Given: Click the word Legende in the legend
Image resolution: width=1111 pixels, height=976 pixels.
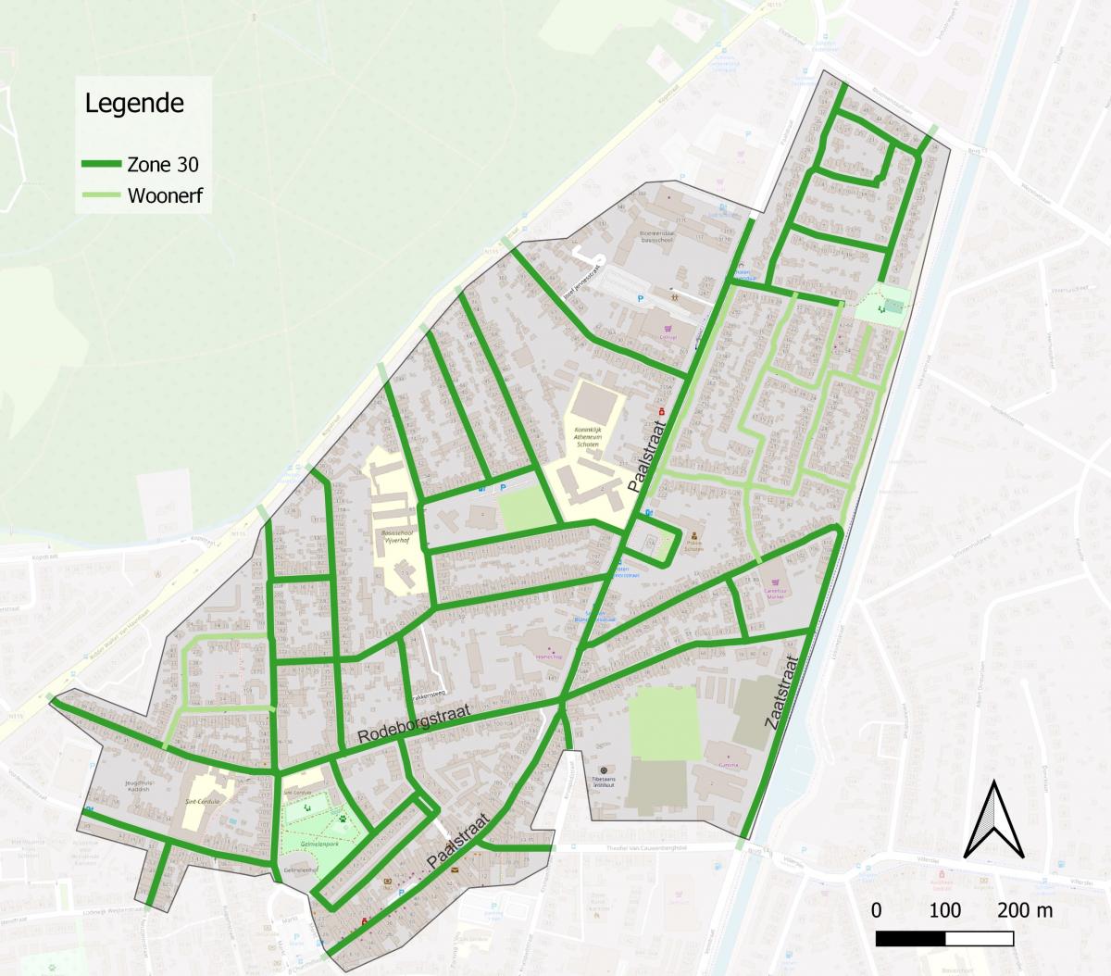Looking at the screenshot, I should pos(134,102).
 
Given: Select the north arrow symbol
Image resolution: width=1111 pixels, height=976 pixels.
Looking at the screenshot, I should pos(993,820).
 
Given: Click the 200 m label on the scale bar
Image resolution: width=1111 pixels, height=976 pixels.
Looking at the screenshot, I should pos(1025,910).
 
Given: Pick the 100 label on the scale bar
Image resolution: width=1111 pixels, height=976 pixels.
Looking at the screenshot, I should pos(944,910).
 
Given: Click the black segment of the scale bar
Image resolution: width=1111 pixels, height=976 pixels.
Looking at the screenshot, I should pos(910,938).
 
